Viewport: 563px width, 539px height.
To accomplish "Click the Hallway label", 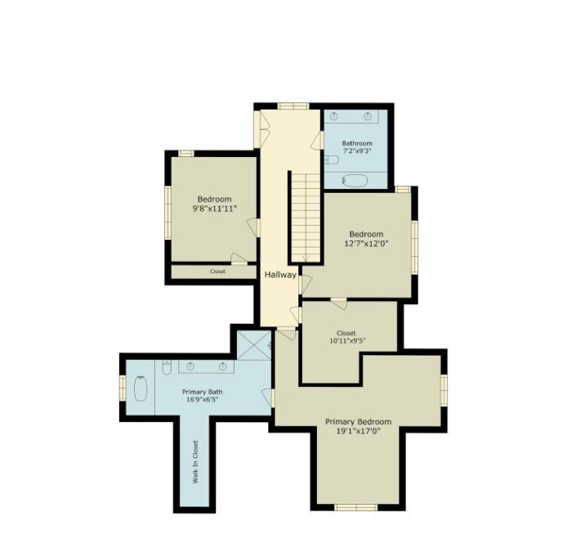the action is click(280, 275).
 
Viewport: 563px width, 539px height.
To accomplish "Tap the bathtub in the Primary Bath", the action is click(141, 389).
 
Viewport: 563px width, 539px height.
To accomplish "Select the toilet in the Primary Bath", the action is click(167, 367).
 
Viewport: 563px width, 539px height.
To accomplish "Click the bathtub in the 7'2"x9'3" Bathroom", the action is click(355, 180).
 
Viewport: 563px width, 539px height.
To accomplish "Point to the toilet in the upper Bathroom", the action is click(332, 159).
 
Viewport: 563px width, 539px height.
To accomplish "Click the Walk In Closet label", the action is click(195, 462).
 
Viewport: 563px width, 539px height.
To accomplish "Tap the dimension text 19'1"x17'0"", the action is click(358, 431).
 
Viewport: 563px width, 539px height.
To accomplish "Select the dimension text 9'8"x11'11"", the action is click(215, 209).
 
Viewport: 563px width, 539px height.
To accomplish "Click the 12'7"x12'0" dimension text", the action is click(366, 244).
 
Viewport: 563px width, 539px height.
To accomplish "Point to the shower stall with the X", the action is click(254, 345).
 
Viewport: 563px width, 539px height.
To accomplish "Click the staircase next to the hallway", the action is click(306, 218).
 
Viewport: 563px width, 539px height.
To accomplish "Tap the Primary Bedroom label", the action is click(358, 421).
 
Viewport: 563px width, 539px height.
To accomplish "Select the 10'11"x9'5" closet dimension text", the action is click(347, 340).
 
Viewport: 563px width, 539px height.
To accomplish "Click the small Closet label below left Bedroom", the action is click(218, 272).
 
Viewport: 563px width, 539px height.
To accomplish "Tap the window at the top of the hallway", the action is click(293, 106).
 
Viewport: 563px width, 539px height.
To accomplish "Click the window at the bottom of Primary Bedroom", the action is click(355, 507).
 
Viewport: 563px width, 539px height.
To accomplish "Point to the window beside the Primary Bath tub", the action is click(123, 388).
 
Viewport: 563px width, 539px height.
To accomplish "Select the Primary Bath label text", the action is click(202, 392).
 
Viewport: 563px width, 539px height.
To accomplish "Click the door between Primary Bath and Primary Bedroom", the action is click(268, 398).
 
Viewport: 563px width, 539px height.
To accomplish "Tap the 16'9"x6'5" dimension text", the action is click(203, 399).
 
